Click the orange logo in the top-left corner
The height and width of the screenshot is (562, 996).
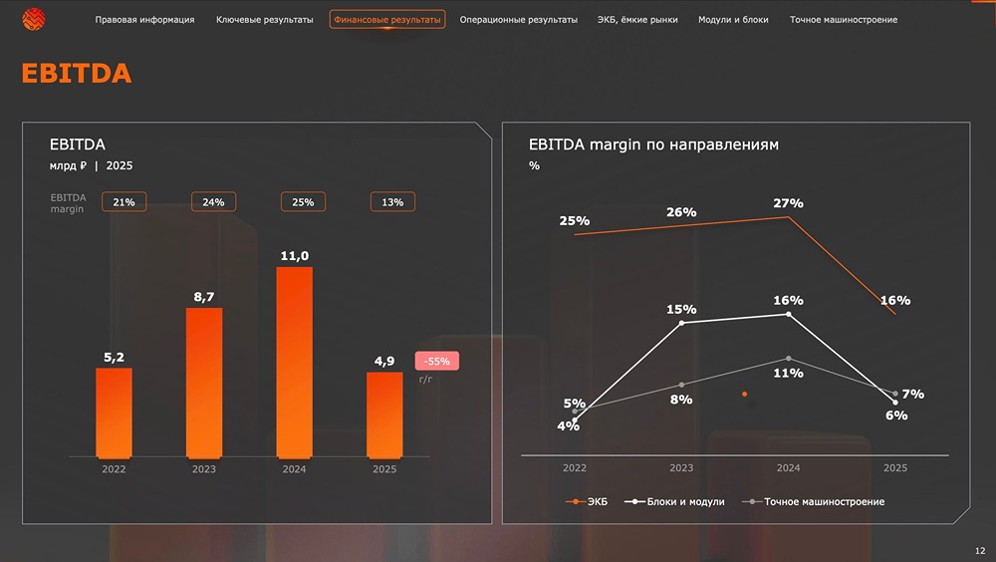[x=34, y=20]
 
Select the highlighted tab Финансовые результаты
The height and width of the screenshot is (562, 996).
[x=387, y=20]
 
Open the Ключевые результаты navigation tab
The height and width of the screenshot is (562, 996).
[x=264, y=20]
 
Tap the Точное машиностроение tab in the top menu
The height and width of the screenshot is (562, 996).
[x=844, y=20]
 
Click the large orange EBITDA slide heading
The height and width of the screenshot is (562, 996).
[x=77, y=73]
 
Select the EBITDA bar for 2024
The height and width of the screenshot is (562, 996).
[x=294, y=363]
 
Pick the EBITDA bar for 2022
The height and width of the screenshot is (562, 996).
[x=114, y=414]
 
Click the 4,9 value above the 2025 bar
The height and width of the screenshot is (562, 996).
[x=384, y=361]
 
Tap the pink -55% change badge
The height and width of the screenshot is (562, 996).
[x=437, y=361]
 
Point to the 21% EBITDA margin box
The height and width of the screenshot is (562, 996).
[x=124, y=202]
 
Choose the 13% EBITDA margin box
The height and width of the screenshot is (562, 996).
[x=392, y=202]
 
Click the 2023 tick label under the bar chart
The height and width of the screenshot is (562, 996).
[x=204, y=469]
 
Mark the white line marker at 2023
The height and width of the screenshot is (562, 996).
[x=681, y=323]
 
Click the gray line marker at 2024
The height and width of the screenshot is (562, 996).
[x=788, y=359]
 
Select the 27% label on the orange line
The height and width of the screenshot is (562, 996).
[x=788, y=203]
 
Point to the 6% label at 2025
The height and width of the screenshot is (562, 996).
[x=896, y=416]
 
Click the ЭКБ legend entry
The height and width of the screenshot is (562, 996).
[x=587, y=501]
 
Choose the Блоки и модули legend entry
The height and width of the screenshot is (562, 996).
[x=674, y=501]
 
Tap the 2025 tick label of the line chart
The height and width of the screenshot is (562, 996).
[x=895, y=468]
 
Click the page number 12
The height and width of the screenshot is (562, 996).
[x=980, y=551]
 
